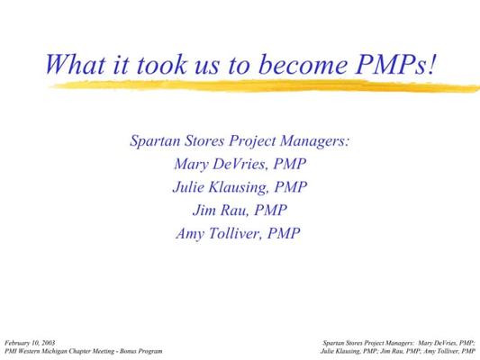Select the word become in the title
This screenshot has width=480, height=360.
[303, 64]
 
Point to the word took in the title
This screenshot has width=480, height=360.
[161, 64]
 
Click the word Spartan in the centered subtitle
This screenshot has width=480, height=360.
[155, 140]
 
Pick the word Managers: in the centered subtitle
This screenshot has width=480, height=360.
[314, 141]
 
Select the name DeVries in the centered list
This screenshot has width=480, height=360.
[240, 164]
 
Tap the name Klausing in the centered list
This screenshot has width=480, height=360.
[239, 187]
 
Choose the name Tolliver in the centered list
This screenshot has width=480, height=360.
[235, 233]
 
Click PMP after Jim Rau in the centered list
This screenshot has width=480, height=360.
[270, 210]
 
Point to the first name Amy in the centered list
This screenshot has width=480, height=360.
[190, 234]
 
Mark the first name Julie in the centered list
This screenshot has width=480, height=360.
[188, 187]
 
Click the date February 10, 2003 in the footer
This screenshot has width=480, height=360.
[30, 343]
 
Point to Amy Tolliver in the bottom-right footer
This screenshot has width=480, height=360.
[440, 351]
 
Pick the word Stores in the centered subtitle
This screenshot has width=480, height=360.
[204, 140]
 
